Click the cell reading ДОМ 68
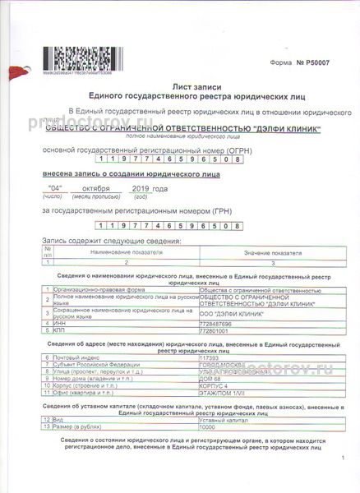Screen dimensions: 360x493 coord(212,378)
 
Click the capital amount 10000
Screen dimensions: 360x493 coord(211,426)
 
